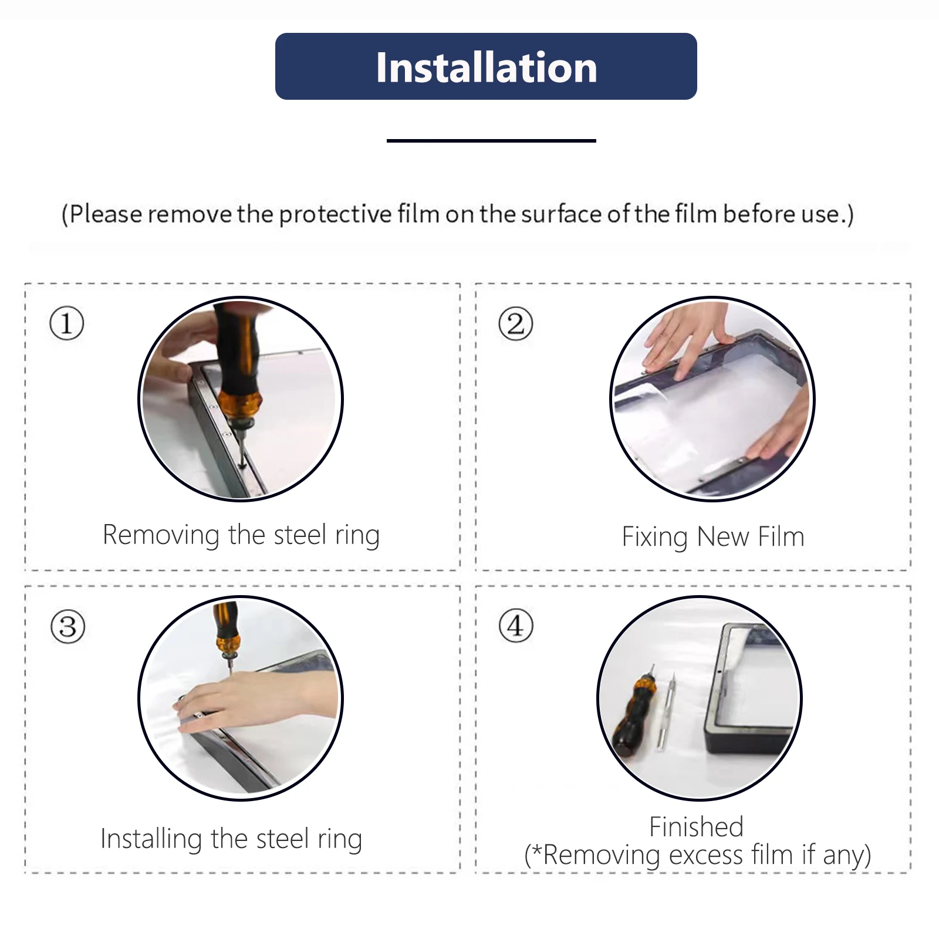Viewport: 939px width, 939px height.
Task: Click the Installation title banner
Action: (486, 66)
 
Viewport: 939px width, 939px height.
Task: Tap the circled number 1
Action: (67, 323)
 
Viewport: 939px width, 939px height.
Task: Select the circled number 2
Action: (516, 323)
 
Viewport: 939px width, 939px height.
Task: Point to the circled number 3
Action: (68, 627)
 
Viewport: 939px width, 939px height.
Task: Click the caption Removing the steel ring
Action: (241, 535)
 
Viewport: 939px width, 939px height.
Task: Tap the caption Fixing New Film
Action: (713, 537)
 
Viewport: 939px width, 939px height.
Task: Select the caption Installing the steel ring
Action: (231, 839)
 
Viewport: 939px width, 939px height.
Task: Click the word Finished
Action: (697, 827)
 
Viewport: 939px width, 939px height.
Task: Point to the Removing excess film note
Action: (698, 855)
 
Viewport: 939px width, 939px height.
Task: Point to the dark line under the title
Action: (491, 141)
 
